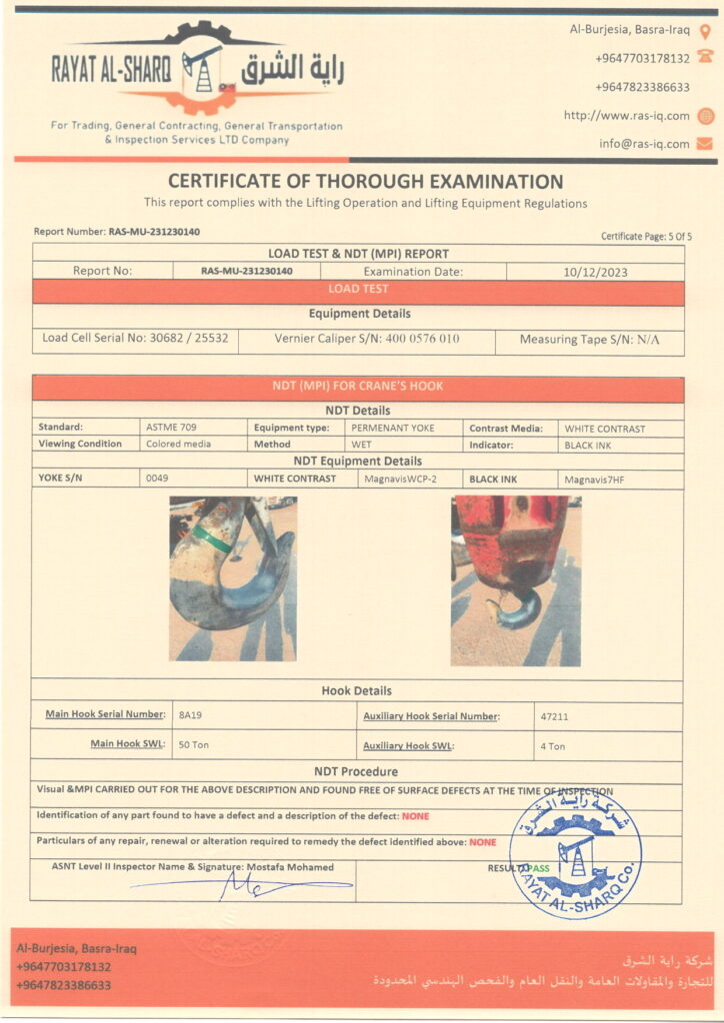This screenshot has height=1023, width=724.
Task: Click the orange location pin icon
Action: pyautogui.click(x=705, y=31)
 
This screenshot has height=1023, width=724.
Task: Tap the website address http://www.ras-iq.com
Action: pyautogui.click(x=626, y=115)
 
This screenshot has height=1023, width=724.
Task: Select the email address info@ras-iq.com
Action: pyautogui.click(x=644, y=144)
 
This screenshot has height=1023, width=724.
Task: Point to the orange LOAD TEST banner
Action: pyautogui.click(x=358, y=290)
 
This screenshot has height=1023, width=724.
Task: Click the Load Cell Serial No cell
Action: pyautogui.click(x=135, y=339)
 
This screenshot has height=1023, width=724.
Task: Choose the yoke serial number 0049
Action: pyautogui.click(x=157, y=479)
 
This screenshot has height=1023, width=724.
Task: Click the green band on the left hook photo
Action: pyautogui.click(x=212, y=538)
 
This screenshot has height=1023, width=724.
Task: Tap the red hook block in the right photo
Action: pyautogui.click(x=509, y=539)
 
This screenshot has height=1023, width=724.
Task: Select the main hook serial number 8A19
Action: pyautogui.click(x=188, y=715)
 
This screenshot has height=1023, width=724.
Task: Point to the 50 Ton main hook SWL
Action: pyautogui.click(x=193, y=745)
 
